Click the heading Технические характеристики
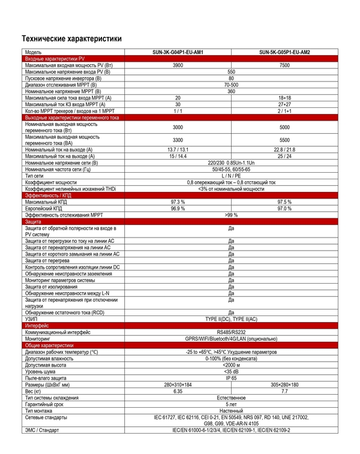tap(71, 38)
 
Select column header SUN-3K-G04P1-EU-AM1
tap(178, 52)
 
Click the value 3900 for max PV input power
tap(178, 65)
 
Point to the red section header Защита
tap(33, 222)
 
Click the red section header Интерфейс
tap(37, 325)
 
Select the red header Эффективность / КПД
tap(48, 196)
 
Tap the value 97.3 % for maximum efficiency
tap(178, 202)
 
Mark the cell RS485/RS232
tap(231, 332)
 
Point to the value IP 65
tap(231, 378)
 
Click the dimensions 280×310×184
tap(178, 384)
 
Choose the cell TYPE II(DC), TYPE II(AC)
tap(231, 318)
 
